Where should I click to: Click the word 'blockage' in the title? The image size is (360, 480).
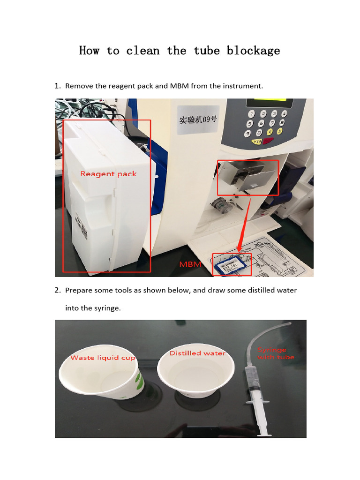click(x=253, y=51)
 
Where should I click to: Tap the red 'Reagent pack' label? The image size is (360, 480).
click(x=108, y=174)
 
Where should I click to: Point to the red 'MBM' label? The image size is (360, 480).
click(x=190, y=264)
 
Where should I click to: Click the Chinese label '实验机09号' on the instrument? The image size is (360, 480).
click(x=198, y=120)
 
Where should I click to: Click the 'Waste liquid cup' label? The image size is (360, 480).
click(x=103, y=358)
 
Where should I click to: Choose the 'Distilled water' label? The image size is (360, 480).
click(x=197, y=353)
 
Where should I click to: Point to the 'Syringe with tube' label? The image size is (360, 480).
click(x=276, y=353)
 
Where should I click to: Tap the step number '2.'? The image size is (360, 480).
click(x=57, y=290)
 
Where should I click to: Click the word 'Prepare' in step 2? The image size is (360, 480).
click(x=78, y=290)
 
